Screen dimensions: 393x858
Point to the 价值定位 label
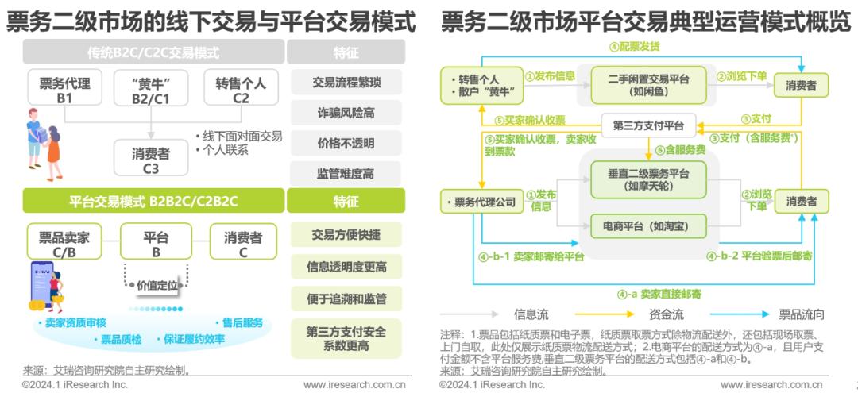click(x=157, y=283)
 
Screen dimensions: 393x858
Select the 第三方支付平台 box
click(x=648, y=125)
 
